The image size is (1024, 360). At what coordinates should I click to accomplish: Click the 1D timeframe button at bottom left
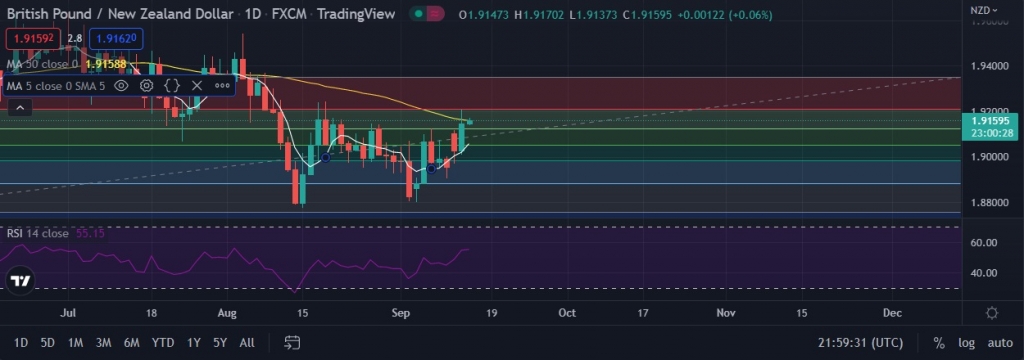click(20, 342)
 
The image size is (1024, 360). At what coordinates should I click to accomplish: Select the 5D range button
click(47, 342)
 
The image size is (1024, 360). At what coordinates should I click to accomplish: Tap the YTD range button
click(163, 342)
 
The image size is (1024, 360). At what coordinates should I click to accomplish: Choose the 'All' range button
click(247, 342)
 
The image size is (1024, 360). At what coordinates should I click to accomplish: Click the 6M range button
click(131, 342)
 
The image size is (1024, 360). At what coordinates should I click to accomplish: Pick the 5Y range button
click(220, 342)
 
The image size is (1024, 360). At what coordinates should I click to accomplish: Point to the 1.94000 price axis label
click(979, 66)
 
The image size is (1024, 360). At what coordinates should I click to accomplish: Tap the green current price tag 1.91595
click(979, 121)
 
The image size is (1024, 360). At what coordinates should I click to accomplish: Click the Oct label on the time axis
click(567, 312)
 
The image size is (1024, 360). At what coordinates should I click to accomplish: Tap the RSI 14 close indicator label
click(38, 233)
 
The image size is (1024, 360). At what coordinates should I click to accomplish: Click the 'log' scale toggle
click(965, 342)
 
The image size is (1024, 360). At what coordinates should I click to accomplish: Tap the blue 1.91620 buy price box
click(116, 37)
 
